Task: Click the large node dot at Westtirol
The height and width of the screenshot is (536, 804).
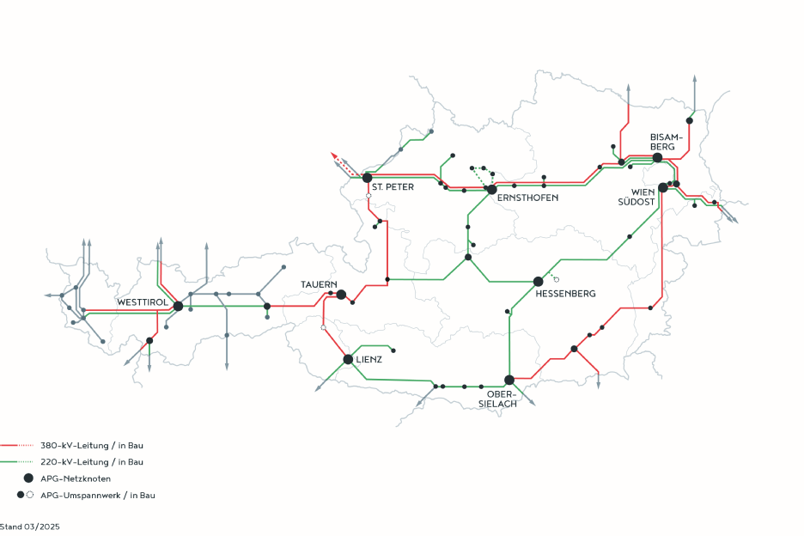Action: (178, 306)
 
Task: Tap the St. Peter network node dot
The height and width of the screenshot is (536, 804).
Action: (367, 178)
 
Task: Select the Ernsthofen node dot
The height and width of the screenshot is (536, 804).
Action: (492, 189)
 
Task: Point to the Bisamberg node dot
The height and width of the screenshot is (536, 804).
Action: (657, 158)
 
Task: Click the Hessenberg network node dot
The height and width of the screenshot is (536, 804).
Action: (539, 281)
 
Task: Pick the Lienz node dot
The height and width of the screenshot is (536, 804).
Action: (348, 359)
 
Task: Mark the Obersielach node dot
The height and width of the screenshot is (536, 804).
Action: (509, 380)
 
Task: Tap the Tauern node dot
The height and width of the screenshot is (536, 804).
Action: (341, 295)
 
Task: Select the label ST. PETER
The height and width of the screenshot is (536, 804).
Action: (393, 186)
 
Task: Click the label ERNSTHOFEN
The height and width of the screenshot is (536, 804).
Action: (527, 198)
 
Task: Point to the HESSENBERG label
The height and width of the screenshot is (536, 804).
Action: (565, 294)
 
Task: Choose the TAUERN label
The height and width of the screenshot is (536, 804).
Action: (319, 284)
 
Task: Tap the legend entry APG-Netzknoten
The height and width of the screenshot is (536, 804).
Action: (76, 478)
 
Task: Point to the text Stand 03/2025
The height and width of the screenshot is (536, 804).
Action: (30, 525)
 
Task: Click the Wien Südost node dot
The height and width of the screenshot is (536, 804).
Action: (663, 187)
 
